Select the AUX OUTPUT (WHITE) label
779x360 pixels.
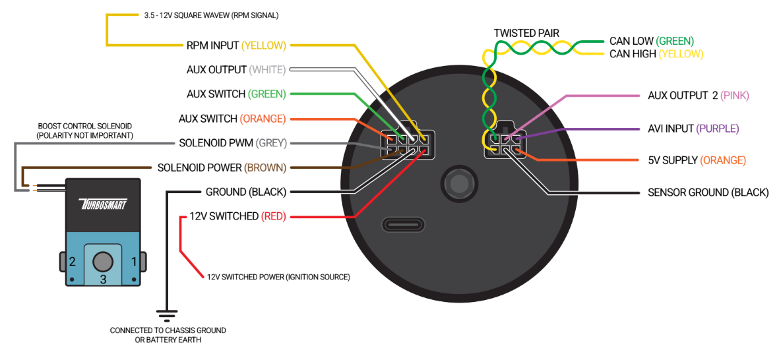click(x=237, y=70)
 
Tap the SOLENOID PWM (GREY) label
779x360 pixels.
click(x=233, y=144)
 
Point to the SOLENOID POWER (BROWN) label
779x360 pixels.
click(x=222, y=168)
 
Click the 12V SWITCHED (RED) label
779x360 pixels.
click(x=238, y=216)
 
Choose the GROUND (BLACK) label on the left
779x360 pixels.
click(x=246, y=192)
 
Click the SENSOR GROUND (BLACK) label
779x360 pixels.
click(x=708, y=192)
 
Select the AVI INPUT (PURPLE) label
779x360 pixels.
click(x=693, y=129)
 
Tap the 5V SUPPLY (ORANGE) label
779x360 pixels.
click(x=697, y=160)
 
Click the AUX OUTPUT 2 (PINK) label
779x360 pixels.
click(x=698, y=96)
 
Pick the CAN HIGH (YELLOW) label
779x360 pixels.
click(x=656, y=53)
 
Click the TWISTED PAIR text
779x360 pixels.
click(x=526, y=33)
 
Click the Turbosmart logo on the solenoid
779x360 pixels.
click(x=102, y=204)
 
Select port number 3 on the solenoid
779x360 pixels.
click(x=103, y=280)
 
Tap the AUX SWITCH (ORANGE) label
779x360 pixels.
click(x=232, y=119)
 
